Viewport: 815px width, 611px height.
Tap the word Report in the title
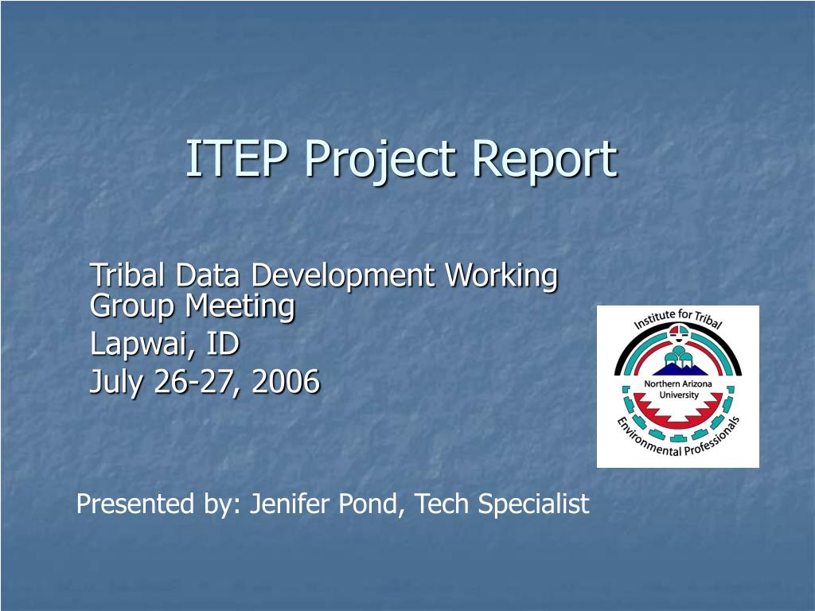[544, 160]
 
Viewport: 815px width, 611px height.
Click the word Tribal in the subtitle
[128, 275]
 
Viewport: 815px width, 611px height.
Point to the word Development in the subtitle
[345, 277]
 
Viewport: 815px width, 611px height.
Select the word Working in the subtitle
[501, 277]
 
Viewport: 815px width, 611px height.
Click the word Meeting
[240, 305]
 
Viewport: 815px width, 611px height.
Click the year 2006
[286, 383]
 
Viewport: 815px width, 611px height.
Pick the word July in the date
[117, 383]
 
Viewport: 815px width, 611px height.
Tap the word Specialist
[533, 504]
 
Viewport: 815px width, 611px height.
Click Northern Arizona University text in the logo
[678, 390]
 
